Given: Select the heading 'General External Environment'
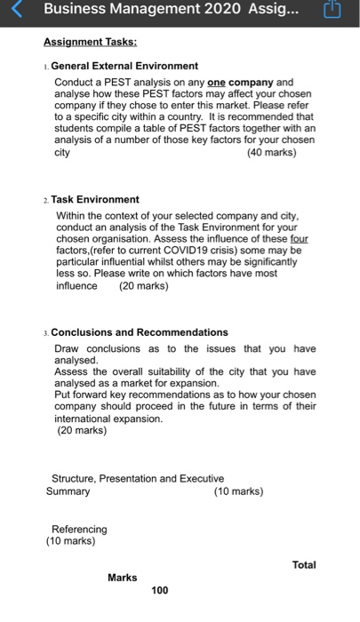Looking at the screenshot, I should point(124,66).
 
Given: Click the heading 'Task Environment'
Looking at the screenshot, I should point(95,200).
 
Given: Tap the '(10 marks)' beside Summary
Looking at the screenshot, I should point(239,490).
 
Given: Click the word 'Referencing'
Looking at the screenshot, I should point(79,529).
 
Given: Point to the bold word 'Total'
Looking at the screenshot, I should point(303,564).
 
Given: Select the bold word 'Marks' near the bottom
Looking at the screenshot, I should point(123,577).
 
